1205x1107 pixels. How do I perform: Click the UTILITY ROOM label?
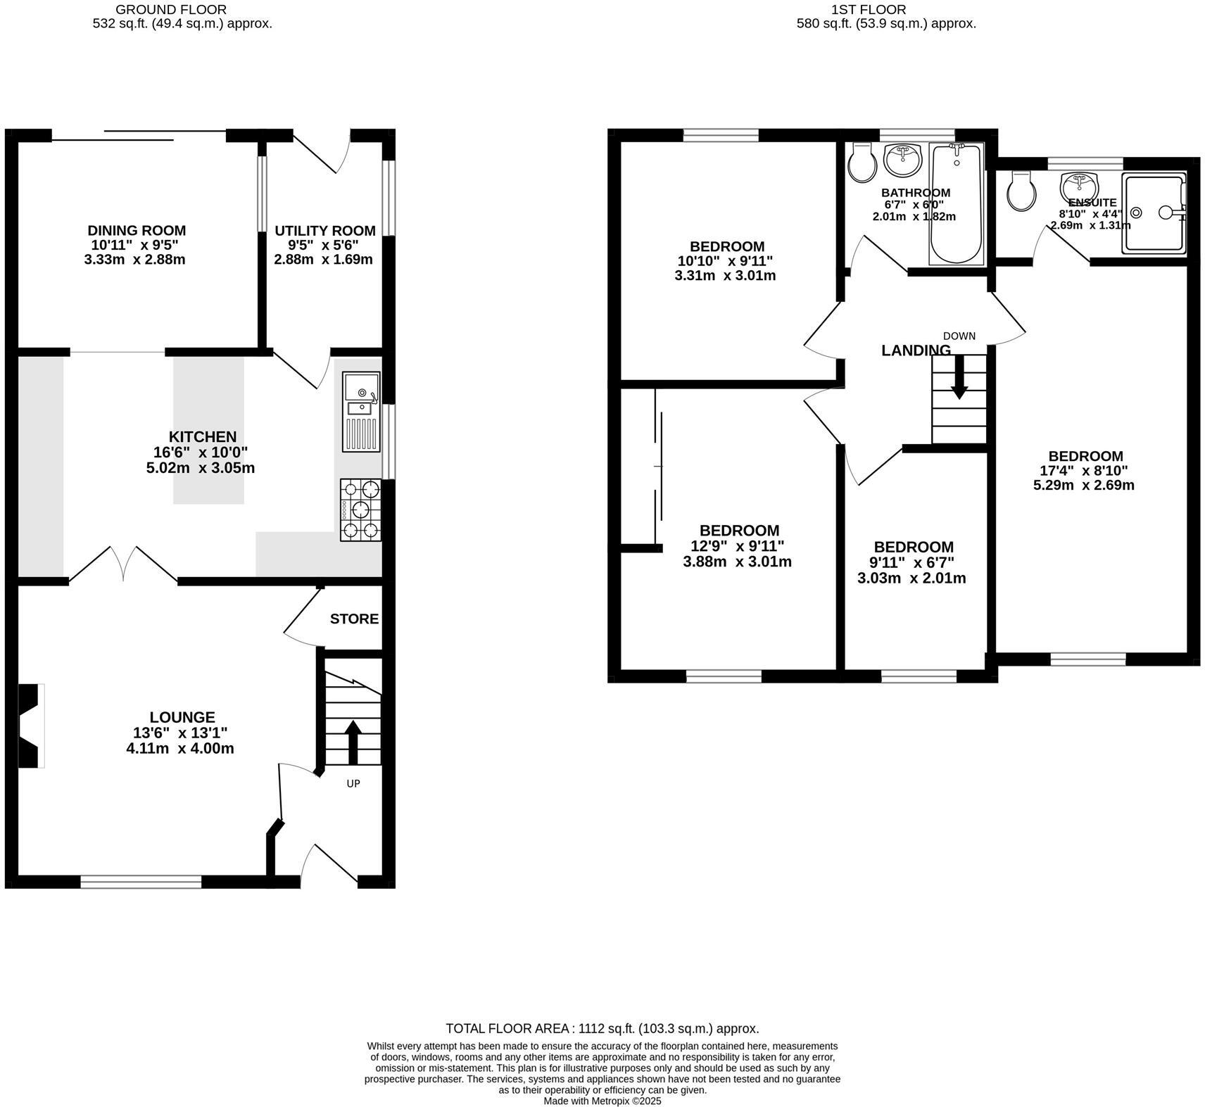[324, 231]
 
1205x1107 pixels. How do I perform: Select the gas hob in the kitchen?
[360, 510]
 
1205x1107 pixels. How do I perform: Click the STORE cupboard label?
[354, 619]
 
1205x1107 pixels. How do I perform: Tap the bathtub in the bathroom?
[955, 203]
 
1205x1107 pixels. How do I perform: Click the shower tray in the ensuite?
[1153, 214]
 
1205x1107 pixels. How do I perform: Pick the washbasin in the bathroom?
[902, 160]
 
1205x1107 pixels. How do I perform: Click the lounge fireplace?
[30, 726]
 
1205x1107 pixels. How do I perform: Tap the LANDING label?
[916, 350]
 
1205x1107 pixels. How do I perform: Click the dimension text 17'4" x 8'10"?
[1083, 471]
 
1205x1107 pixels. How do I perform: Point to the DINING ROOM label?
[137, 230]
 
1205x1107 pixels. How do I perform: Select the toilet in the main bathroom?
[862, 163]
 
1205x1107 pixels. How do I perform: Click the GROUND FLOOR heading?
[171, 10]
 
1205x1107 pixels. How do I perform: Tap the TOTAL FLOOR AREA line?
[602, 1028]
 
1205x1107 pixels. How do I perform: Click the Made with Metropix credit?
[602, 1101]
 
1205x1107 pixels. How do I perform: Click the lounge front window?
[141, 881]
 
